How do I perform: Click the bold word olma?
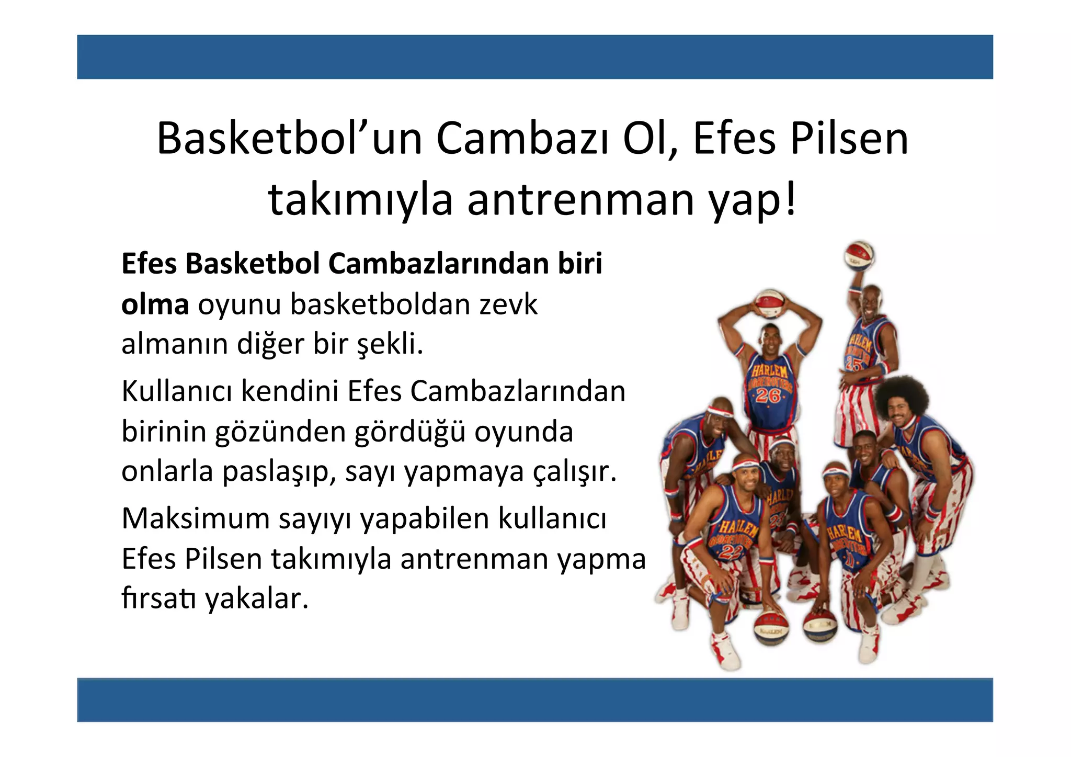tap(155, 304)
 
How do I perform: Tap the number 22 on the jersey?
tap(729, 550)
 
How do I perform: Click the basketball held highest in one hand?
tap(860, 255)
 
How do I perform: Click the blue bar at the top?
tap(535, 57)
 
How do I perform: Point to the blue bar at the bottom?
tap(535, 699)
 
